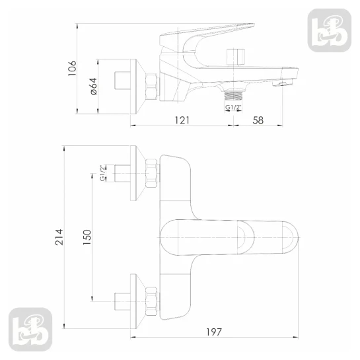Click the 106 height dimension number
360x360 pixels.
tap(72, 68)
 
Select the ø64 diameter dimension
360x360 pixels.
tap(94, 87)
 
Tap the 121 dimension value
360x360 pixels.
tap(182, 120)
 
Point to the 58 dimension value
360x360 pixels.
tap(258, 120)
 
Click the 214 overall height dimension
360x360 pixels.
tap(59, 237)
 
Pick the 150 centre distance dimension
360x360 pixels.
tap(87, 237)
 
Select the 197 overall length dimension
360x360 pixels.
tap(214, 332)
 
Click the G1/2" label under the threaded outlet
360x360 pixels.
tap(233, 107)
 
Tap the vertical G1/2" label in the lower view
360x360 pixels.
tap(102, 173)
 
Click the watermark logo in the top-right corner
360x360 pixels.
tap(330, 30)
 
